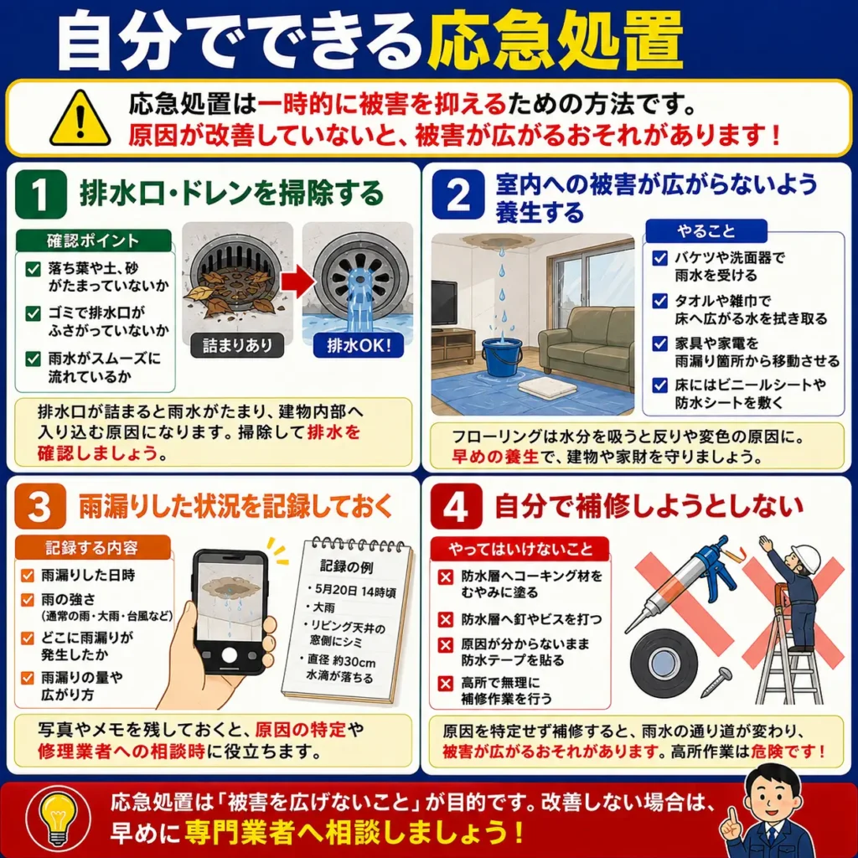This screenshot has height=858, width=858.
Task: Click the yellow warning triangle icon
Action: pos(80,119)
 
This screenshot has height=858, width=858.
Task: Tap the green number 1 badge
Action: pos(40,194)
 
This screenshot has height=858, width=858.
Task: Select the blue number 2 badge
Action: pos(458,194)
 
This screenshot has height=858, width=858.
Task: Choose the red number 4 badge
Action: pos(457,506)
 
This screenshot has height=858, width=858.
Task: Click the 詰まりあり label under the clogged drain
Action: pos(237,345)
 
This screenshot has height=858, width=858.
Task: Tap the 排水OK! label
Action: pos(359,345)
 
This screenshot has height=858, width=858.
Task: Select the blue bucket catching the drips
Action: pos(501,354)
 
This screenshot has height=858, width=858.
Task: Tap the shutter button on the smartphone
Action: pos(230,655)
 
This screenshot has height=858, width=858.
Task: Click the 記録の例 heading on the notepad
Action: pos(346,566)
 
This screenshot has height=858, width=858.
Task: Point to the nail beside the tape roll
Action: pos(716,680)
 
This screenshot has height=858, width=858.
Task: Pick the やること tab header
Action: pos(706,231)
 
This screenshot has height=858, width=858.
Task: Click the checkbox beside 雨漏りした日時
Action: pos(28,575)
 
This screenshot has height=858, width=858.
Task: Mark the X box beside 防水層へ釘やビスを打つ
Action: pos(446,619)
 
